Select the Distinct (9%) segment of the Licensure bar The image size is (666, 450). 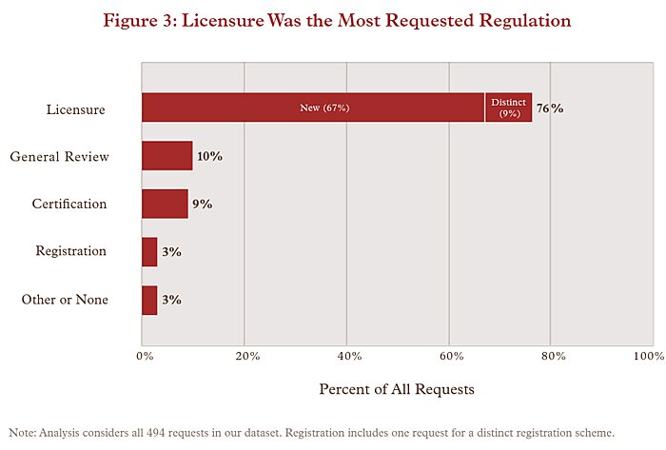[x=508, y=108]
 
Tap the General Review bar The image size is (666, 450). [x=167, y=156]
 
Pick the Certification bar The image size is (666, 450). [x=165, y=204]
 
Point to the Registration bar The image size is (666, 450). [x=149, y=252]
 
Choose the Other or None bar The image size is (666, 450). [x=149, y=300]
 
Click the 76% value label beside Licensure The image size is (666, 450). [x=550, y=108]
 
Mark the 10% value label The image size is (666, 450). [x=209, y=156]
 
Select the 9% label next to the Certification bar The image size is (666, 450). [x=202, y=204]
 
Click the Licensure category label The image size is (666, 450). [x=75, y=109]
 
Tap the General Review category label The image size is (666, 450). [x=59, y=157]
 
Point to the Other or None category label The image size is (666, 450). [x=65, y=300]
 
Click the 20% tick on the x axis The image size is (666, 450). [x=246, y=356]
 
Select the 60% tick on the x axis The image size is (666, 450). [x=451, y=356]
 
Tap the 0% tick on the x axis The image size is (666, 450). [x=144, y=356]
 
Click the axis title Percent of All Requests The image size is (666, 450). [x=396, y=389]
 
